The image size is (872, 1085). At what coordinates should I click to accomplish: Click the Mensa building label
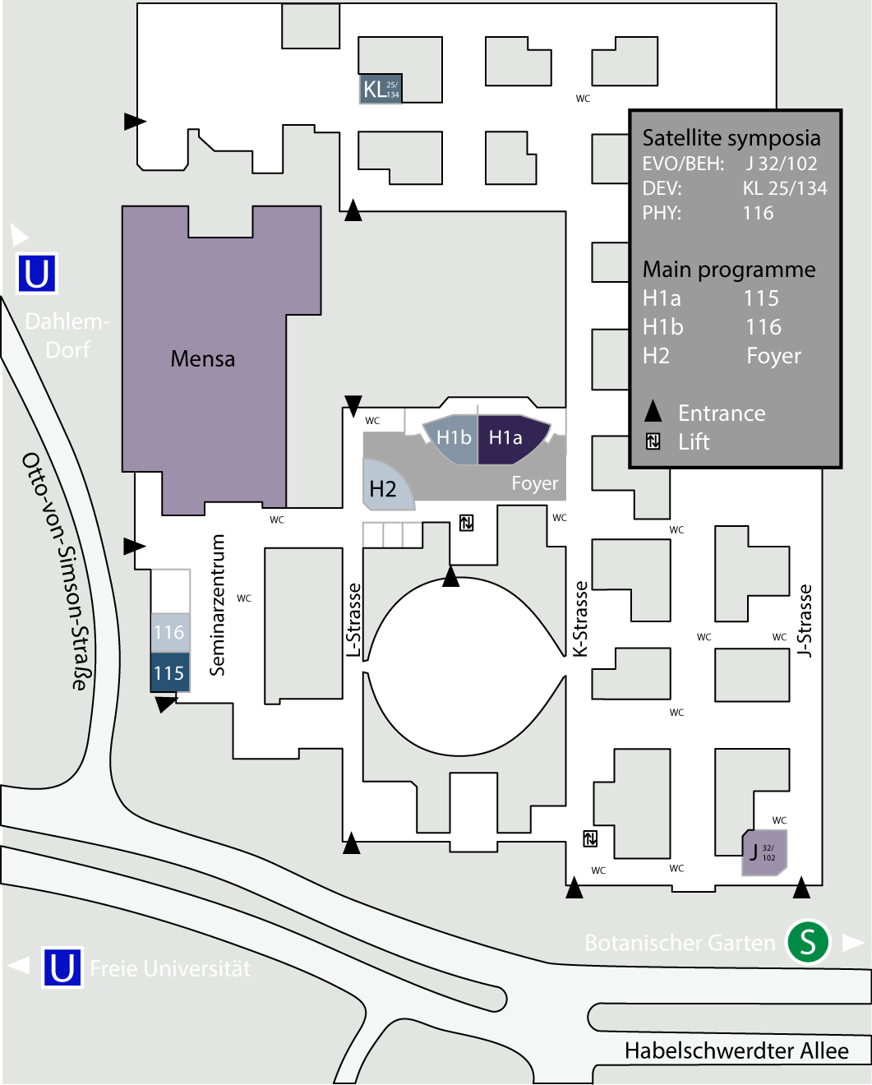[203, 359]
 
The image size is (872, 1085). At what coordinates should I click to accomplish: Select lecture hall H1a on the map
[506, 437]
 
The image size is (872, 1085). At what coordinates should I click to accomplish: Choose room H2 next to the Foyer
[383, 489]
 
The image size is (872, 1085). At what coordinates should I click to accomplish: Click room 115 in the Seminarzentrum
[169, 673]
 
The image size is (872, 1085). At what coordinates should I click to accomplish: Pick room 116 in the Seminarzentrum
[169, 632]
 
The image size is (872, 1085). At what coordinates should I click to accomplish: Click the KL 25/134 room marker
[381, 89]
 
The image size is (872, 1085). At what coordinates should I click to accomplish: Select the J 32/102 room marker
[764, 852]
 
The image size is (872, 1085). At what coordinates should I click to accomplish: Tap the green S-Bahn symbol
[808, 942]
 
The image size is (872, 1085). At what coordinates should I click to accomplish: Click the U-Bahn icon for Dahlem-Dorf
[37, 274]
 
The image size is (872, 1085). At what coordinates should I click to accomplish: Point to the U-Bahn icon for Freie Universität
[62, 967]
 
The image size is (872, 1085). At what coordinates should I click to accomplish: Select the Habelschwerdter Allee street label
[736, 1050]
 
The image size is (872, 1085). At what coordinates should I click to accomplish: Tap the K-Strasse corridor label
[580, 619]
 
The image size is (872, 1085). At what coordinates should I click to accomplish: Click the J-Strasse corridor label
[805, 621]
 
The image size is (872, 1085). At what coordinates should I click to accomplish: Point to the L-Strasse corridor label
[353, 621]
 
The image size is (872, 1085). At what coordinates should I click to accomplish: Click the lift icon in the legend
[653, 441]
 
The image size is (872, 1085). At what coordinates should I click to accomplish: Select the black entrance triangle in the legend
[653, 411]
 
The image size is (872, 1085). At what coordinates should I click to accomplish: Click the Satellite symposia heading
[731, 137]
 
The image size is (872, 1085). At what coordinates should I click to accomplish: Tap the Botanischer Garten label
[680, 943]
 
